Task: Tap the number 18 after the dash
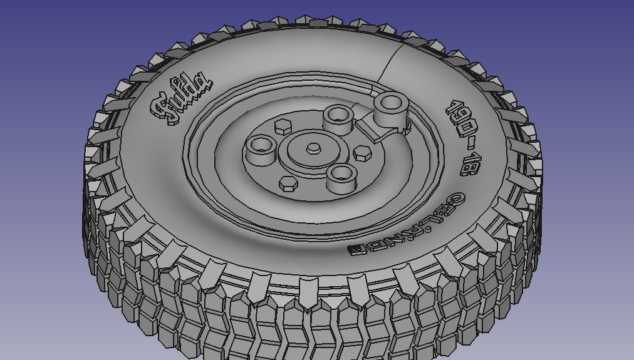[x=469, y=163]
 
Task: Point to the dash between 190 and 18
[x=465, y=143]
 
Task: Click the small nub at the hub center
[x=313, y=148]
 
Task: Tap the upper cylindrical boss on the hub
[x=338, y=116]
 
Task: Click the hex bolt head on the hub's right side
[x=363, y=152]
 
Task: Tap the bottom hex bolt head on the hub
[x=288, y=183]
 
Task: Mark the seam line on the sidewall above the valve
[x=392, y=63]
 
